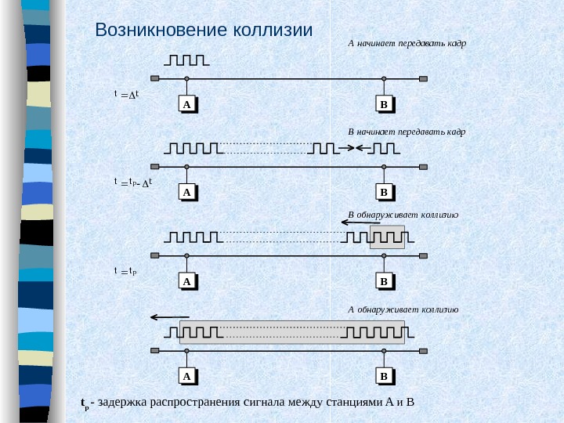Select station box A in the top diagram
pyautogui.click(x=187, y=104)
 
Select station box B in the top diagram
pyautogui.click(x=384, y=104)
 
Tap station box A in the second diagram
pyautogui.click(x=187, y=192)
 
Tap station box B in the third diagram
pyautogui.click(x=384, y=280)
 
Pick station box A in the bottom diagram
pyautogui.click(x=187, y=377)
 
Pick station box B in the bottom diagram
pyautogui.click(x=384, y=377)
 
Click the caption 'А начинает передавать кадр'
pyautogui.click(x=407, y=43)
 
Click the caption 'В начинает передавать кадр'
pyautogui.click(x=407, y=132)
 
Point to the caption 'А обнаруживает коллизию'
pyautogui.click(x=403, y=309)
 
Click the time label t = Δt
pyautogui.click(x=126, y=94)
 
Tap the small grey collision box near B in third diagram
pyautogui.click(x=388, y=237)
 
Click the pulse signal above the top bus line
pyautogui.click(x=186, y=61)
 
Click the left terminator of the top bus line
pyautogui.click(x=155, y=78)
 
